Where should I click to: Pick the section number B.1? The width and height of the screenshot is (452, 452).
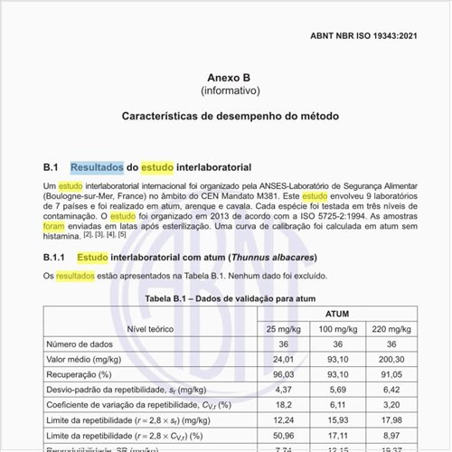[51, 167]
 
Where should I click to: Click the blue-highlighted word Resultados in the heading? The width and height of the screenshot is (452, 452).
[96, 167]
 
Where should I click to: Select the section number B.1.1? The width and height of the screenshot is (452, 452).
[55, 257]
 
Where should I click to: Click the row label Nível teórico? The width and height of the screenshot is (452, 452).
[150, 328]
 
